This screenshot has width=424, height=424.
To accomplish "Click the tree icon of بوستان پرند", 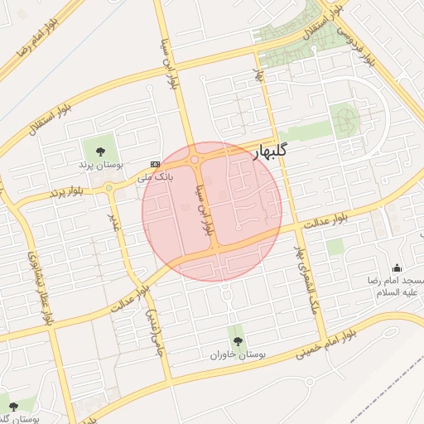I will (100, 151).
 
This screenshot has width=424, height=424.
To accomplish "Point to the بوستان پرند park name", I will (101, 166).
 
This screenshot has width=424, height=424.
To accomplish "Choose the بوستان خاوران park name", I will (238, 354).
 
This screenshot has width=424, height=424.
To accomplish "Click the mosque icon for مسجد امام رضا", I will (397, 267).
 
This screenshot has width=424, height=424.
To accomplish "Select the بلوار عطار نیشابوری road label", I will (41, 286).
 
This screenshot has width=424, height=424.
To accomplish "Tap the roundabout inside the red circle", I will (195, 160).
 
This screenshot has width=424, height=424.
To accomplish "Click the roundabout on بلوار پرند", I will (110, 188).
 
